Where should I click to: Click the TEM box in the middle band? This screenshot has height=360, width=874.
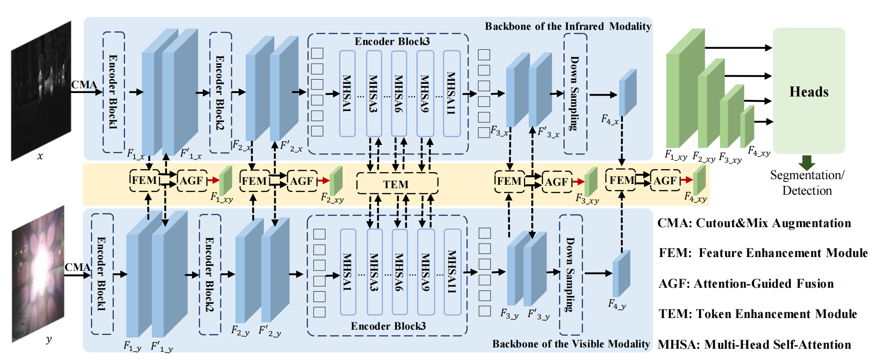coord(397,184)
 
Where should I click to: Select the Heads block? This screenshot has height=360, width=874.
coord(809,91)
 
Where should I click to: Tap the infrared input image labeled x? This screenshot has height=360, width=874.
coord(41,91)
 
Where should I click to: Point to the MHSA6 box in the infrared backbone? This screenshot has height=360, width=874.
coord(398,93)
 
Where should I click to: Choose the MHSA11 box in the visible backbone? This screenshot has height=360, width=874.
coord(452,271)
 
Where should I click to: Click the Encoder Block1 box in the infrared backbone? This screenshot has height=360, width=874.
coord(113,92)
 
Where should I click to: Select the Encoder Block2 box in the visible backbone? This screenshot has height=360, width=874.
coord(210,274)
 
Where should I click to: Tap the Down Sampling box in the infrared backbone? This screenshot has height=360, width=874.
coord(575,93)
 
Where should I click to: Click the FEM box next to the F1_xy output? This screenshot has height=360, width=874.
coord(144,180)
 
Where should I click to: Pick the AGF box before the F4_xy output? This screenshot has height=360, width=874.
coord(665,180)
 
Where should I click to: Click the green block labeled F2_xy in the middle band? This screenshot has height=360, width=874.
coord(336,181)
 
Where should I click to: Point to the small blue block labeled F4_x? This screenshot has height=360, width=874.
coord(628,92)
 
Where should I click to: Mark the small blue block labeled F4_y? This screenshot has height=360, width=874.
coord(621,273)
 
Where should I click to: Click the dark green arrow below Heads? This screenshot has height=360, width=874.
coord(807,162)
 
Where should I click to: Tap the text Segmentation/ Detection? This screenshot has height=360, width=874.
coord(807,183)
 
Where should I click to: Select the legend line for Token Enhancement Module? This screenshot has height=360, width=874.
coord(757,314)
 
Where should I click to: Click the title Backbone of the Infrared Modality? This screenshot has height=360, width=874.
coord(568,26)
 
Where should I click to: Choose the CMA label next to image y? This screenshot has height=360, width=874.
coord(77,267)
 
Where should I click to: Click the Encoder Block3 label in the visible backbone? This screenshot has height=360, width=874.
coord(388,326)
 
